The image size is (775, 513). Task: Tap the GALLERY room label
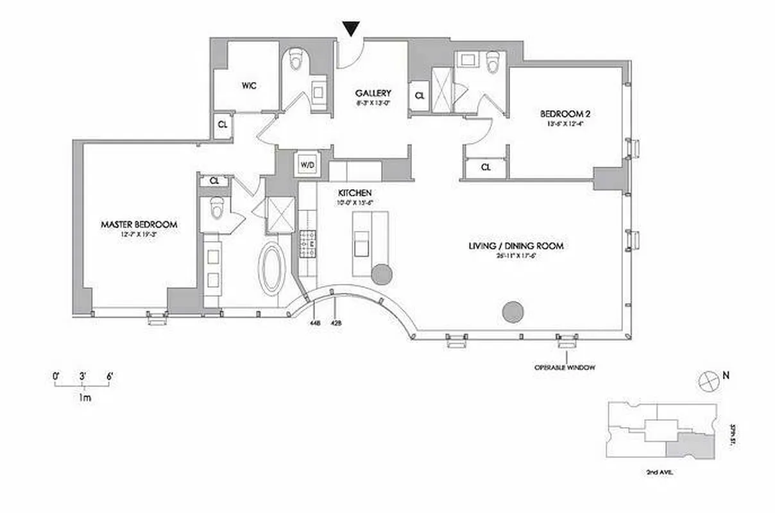373,93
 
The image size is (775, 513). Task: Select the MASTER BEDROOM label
139,224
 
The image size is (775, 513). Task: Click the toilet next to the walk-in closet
296,59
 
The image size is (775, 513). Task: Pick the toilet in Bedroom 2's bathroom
493,62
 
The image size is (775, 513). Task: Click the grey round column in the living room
513,312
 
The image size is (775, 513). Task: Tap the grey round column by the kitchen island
382,274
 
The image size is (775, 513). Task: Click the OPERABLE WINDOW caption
565,367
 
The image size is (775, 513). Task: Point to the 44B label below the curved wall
314,323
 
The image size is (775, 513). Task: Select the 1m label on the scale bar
84,398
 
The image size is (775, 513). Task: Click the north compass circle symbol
706,380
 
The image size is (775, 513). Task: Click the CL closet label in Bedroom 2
486,167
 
